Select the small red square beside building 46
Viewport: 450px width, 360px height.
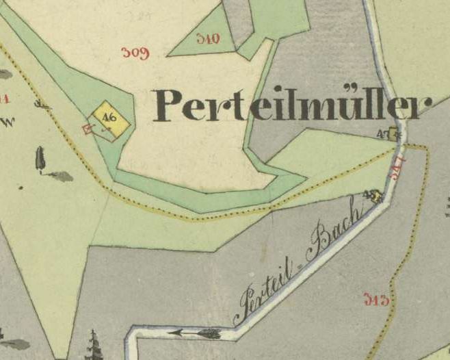click(87, 128)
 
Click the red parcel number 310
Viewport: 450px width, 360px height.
click(207, 38)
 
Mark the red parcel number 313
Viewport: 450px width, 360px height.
click(375, 298)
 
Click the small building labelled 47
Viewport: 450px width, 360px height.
click(394, 135)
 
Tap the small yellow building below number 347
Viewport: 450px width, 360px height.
click(374, 197)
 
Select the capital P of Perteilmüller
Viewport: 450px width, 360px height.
click(170, 105)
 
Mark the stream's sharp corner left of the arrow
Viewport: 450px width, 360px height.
click(131, 334)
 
